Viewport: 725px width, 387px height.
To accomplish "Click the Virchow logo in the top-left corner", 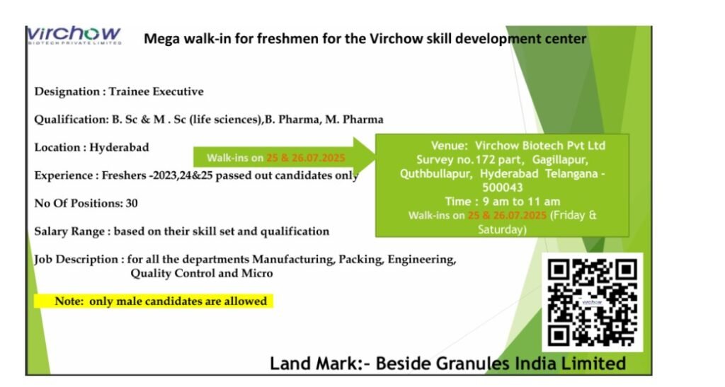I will click(74, 35).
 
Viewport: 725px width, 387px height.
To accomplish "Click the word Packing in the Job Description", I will click(360, 260).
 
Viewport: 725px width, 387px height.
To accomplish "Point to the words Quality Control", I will click(173, 273).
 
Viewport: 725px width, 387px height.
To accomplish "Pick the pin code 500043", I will click(502, 187).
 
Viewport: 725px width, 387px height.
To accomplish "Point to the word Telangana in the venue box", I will click(564, 173).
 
